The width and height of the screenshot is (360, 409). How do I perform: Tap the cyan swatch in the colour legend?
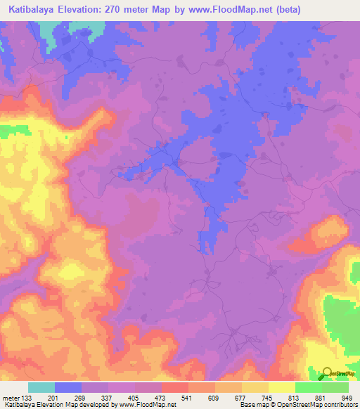41,387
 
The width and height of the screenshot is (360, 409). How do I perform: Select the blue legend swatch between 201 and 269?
68,387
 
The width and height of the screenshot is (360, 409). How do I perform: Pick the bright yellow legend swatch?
281,387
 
